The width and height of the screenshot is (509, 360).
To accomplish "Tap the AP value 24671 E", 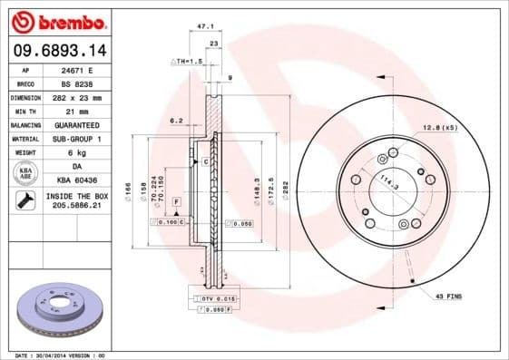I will pos(76,69).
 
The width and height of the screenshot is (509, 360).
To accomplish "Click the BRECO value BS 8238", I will pos(75,83).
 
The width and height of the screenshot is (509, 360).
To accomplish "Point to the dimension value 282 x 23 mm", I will pos(75,96).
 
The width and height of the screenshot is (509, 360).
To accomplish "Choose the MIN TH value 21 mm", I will pos(75,110).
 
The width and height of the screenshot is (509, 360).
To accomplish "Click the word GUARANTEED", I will pos(75,124).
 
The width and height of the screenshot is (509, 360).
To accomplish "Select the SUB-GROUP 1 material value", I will pos(75,138).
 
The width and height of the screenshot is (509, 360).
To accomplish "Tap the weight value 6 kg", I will pos(75,152).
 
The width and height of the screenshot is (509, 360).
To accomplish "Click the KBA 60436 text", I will pos(75,180).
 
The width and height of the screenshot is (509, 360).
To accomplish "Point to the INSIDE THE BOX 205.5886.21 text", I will pos(75,200).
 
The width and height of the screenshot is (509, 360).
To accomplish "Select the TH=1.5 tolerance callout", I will pos(185,60).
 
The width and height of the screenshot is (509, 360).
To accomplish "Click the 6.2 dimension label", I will pos(177,119).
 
